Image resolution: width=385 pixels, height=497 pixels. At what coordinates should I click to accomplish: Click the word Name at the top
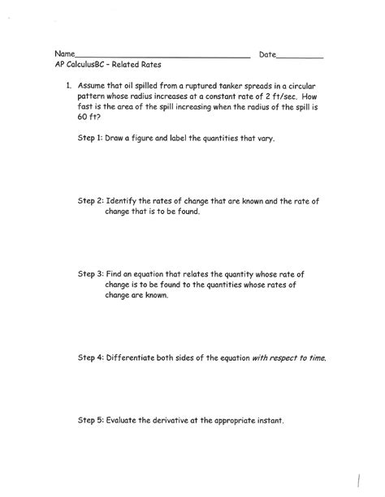(x=66, y=55)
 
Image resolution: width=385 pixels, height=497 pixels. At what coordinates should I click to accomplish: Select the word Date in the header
(x=267, y=55)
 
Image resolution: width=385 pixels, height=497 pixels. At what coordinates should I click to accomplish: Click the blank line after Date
(x=301, y=58)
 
